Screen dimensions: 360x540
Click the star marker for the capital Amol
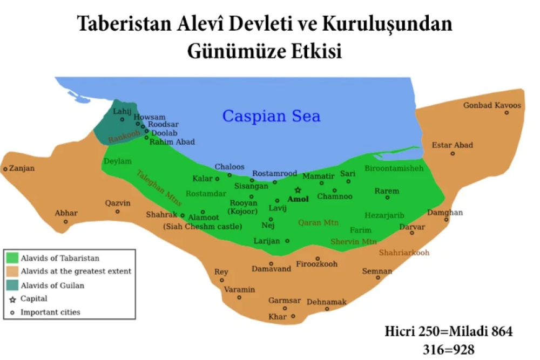tap(298, 191)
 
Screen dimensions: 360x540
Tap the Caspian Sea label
tap(272, 116)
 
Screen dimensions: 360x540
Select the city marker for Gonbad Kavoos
tap(507, 112)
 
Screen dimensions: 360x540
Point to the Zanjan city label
tap(22, 168)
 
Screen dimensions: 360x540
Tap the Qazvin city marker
tap(118, 211)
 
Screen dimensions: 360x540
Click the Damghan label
tap(445, 213)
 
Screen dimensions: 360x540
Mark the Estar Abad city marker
tap(453, 153)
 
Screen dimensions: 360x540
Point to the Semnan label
tap(377, 271)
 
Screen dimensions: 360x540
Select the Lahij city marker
tap(122, 119)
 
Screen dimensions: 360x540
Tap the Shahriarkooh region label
tap(404, 252)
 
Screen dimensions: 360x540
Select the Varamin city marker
tap(239, 297)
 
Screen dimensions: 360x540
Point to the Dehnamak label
tap(327, 302)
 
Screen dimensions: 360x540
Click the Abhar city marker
tap(66, 221)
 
